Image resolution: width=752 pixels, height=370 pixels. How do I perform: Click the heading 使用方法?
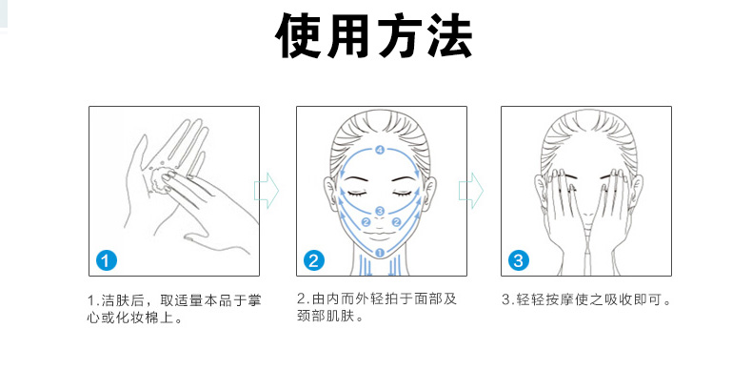[x=373, y=36]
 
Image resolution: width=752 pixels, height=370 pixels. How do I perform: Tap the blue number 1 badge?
[x=106, y=261]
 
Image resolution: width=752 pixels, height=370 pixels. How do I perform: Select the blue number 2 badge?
[x=314, y=261]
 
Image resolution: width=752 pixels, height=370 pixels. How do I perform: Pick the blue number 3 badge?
[x=518, y=261]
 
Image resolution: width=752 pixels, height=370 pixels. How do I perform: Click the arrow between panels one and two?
[x=267, y=191]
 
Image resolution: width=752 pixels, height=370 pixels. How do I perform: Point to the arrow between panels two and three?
[x=471, y=191]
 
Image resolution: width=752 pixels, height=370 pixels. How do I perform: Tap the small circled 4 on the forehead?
[x=381, y=151]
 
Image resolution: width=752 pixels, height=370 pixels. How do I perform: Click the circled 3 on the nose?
[x=381, y=211]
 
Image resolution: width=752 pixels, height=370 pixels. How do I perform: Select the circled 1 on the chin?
[x=381, y=252]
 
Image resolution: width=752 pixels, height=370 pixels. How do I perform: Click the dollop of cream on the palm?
[x=159, y=180]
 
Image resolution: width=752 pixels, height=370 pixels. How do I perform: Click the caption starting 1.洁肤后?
[x=174, y=309]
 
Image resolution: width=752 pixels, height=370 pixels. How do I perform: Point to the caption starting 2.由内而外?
[x=377, y=307]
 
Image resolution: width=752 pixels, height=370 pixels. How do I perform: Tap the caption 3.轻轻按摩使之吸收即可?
[x=586, y=300]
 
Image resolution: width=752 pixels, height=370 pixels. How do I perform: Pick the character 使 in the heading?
[x=298, y=36]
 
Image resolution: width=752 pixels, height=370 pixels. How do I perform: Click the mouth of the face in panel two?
[x=380, y=235]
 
